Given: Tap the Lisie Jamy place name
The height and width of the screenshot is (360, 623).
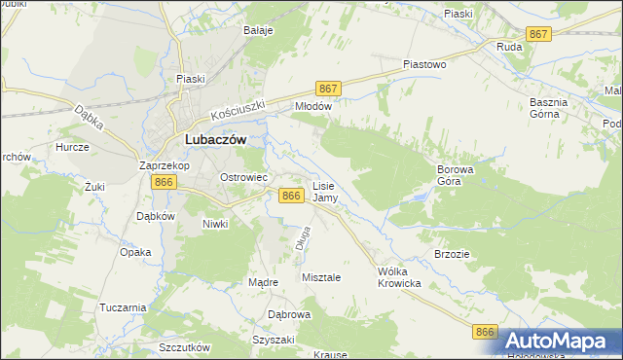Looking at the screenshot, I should point(325,191).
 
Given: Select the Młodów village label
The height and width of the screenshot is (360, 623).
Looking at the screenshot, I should point(313,107).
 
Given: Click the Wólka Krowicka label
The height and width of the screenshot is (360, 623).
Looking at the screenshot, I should point(398,277).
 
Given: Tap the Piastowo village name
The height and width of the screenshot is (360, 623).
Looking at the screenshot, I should point(424,64).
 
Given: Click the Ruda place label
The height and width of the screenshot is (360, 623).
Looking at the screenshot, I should point(509,46).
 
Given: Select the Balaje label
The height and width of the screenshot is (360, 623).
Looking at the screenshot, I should point(258,30).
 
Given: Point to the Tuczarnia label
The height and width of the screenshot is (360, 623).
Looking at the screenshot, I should point(123,307).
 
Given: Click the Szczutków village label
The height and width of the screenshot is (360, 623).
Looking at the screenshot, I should point(184,347).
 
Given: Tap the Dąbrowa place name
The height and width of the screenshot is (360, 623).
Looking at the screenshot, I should point(288,315).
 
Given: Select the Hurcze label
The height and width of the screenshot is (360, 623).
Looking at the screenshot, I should point(73,147).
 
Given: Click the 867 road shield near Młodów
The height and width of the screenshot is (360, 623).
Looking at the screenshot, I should point(328,89).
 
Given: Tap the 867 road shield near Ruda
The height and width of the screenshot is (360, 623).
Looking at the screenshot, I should point(538,34).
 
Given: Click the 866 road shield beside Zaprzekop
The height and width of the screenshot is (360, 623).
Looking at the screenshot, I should point(164,182).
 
